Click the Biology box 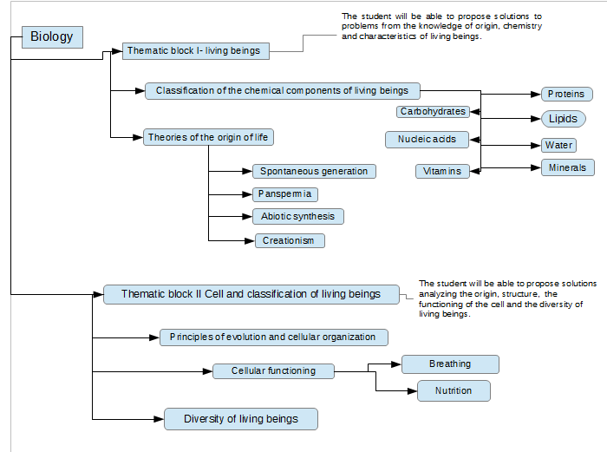[52, 37]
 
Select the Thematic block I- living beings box [195, 51]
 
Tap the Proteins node [566, 94]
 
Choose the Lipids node [564, 119]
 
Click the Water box [558, 145]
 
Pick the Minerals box [567, 167]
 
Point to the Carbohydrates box [433, 112]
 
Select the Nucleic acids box [427, 140]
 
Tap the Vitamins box [442, 171]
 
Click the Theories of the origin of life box [208, 137]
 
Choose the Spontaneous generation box [314, 171]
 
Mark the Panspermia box [285, 194]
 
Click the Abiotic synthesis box [298, 217]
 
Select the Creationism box [290, 240]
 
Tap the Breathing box [450, 364]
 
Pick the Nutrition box [454, 390]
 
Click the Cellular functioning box [273, 371]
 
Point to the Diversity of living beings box [241, 419]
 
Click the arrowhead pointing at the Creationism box [250, 241]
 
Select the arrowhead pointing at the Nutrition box [412, 390]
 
